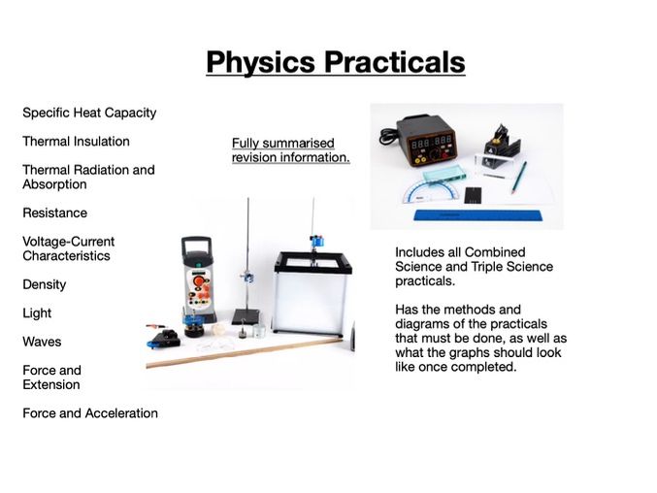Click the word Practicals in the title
point(392,62)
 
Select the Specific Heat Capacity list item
point(89,113)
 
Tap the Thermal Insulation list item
point(76,142)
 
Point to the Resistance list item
point(54,213)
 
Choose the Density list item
point(45,284)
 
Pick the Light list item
point(37,313)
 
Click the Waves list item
point(41,342)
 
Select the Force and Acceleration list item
point(90,413)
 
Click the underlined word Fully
point(247,143)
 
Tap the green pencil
point(519,178)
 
